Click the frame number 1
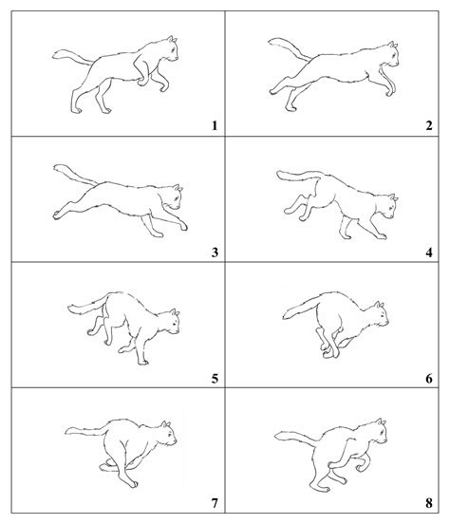coord(216,124)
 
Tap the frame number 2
coord(429,124)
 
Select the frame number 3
coord(216,252)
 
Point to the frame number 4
coord(429,252)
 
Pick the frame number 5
coord(216,379)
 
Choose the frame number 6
coord(429,379)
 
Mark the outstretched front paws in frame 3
coord(180,228)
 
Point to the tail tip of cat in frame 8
coord(275,438)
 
